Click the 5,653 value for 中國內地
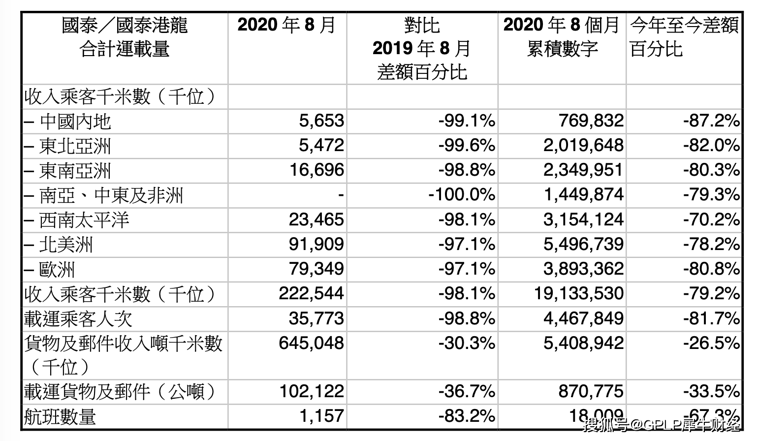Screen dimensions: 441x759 click(321, 121)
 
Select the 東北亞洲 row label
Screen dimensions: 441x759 click(75, 146)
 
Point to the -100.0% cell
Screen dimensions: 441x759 click(461, 195)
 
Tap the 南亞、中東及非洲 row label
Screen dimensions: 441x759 click(111, 196)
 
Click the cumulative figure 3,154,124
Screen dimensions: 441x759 click(583, 220)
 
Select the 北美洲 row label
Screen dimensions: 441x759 click(65, 245)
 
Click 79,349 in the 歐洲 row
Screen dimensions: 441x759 click(316, 269)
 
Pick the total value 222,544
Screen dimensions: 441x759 click(311, 293)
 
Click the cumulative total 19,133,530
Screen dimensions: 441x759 click(579, 293)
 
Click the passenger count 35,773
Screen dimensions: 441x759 click(316, 318)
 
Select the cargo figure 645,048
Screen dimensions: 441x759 click(311, 343)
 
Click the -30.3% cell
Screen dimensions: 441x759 click(467, 343)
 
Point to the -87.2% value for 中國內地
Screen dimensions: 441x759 click(711, 121)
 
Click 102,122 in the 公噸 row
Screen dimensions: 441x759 click(311, 392)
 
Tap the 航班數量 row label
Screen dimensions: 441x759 click(60, 417)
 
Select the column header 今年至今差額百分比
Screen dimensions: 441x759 click(684, 37)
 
